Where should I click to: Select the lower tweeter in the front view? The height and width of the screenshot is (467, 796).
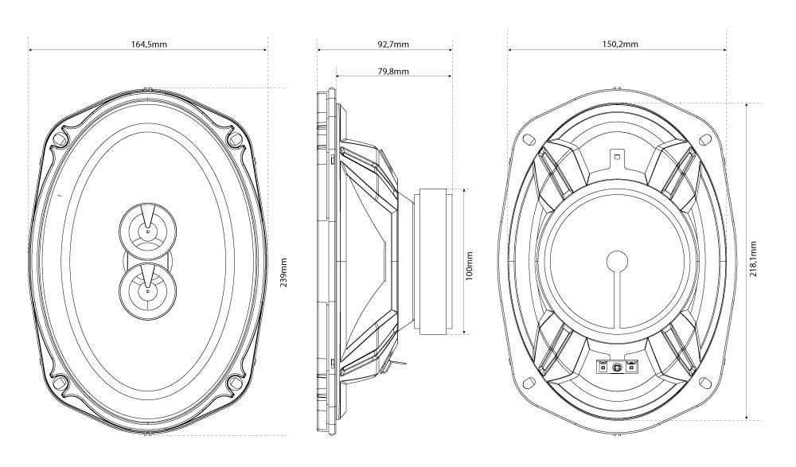[147, 290]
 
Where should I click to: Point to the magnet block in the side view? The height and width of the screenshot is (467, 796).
[437, 261]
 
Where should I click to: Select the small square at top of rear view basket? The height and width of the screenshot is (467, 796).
[616, 156]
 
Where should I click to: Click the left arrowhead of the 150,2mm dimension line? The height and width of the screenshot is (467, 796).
[511, 50]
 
